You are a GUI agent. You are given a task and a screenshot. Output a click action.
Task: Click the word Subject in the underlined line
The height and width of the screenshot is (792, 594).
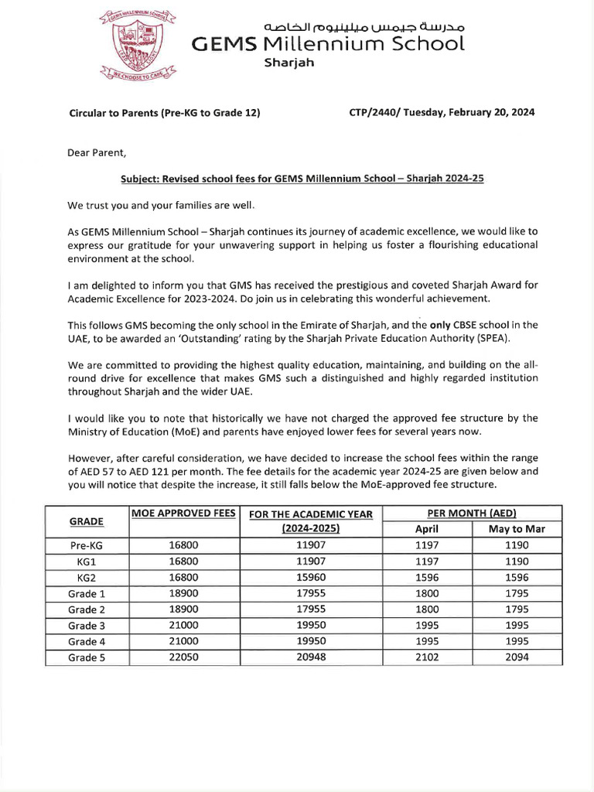[138, 178]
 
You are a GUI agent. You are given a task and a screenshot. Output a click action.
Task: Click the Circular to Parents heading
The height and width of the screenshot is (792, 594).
[164, 113]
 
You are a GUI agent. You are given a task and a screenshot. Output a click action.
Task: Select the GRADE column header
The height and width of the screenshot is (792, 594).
[87, 521]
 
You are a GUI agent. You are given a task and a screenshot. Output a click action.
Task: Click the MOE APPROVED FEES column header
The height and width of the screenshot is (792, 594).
[183, 514]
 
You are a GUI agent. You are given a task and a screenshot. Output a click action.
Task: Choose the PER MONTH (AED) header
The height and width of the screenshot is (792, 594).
[472, 514]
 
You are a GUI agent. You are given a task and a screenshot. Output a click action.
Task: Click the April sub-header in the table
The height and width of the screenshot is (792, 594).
[427, 529]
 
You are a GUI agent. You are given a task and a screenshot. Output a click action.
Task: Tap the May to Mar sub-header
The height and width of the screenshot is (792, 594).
[517, 529]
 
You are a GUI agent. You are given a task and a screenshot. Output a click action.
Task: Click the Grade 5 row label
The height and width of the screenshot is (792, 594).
[87, 658]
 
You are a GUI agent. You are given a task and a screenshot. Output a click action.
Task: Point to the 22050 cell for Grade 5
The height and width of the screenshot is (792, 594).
[183, 658]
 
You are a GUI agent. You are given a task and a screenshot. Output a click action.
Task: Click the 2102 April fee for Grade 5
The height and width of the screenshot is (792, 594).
[427, 658]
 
